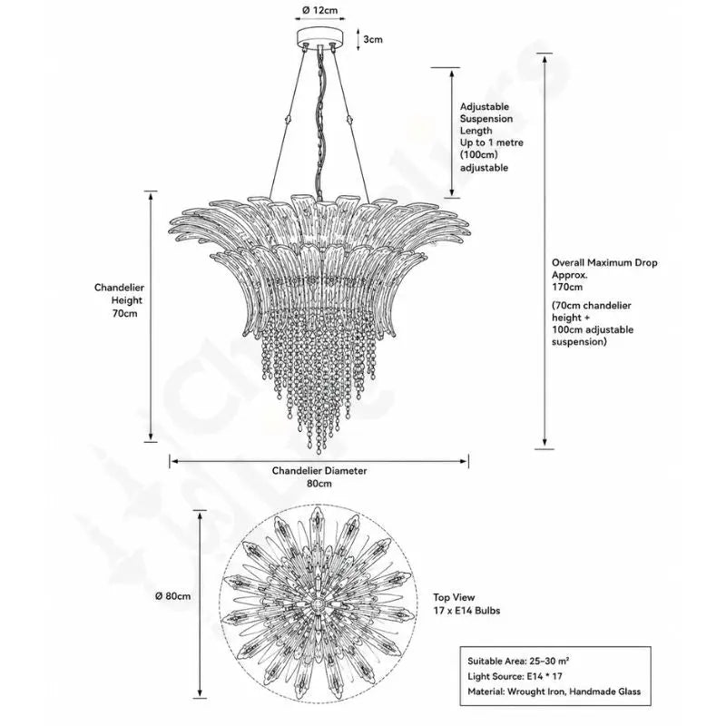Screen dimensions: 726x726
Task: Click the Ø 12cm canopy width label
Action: pos(320,10)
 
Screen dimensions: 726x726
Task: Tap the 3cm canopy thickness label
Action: pos(373,39)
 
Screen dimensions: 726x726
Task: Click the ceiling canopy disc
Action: pos(320,36)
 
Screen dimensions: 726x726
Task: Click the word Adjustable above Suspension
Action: pos(485,107)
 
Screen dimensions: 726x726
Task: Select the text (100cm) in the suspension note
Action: pos(479,154)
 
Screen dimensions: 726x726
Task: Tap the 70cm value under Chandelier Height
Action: pos(125,313)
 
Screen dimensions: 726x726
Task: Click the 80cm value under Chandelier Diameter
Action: pos(319,484)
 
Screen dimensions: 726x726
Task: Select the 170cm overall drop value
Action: pos(567,287)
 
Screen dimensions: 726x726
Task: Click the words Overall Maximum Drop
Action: pos(604,262)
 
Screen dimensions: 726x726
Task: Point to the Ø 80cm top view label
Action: pos(172,596)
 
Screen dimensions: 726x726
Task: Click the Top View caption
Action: pos(455,597)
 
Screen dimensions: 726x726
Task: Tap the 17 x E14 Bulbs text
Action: pos(466,611)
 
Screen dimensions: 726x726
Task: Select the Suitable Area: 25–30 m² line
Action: pos(518,662)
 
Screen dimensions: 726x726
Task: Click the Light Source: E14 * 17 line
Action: pos(515,676)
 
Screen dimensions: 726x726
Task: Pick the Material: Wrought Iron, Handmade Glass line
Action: pos(554,692)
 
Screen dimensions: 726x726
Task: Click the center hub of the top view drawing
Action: pos(319,604)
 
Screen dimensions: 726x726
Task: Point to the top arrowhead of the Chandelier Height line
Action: pos(151,195)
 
